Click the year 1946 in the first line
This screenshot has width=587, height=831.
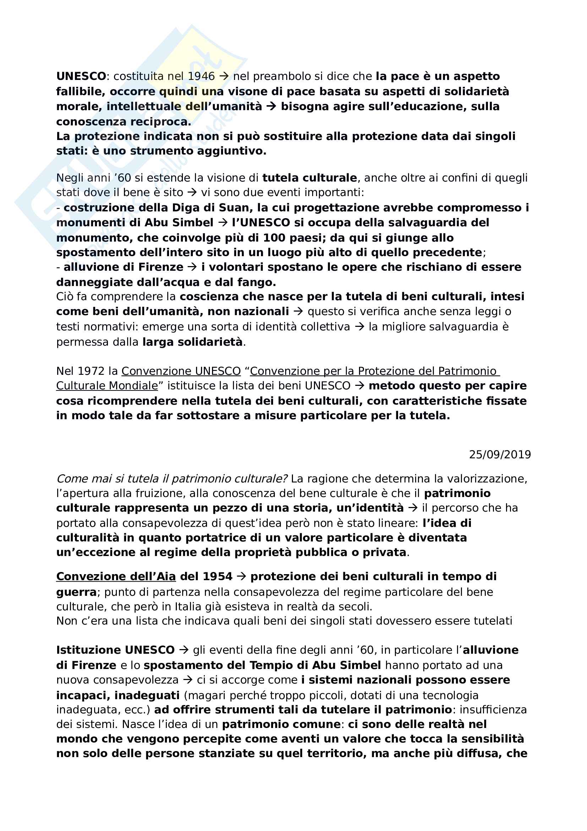pos(201,76)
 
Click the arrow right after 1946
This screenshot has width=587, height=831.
pos(224,76)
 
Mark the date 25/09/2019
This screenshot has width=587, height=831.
pos(500,455)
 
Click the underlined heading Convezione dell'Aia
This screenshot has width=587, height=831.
pos(116,577)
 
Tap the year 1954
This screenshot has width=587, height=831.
pos(217,577)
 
